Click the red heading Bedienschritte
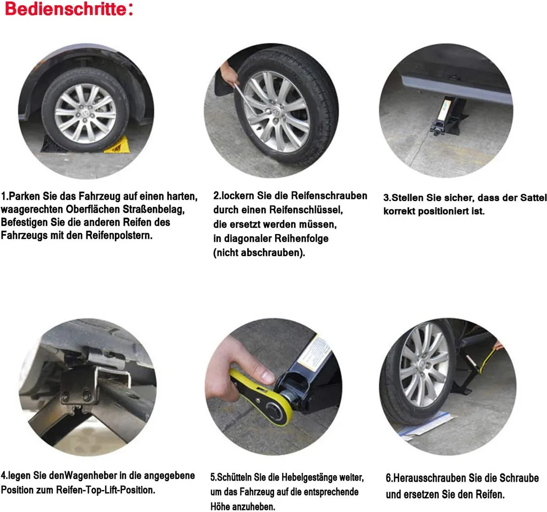click(66, 9)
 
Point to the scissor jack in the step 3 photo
click(447, 117)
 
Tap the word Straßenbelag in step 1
click(153, 210)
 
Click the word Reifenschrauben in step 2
click(329, 196)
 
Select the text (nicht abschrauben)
click(259, 252)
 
